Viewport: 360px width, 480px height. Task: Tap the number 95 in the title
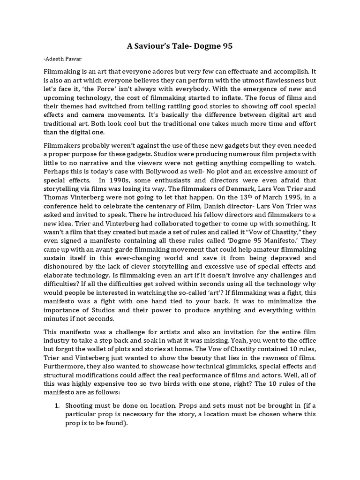pos(226,46)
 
